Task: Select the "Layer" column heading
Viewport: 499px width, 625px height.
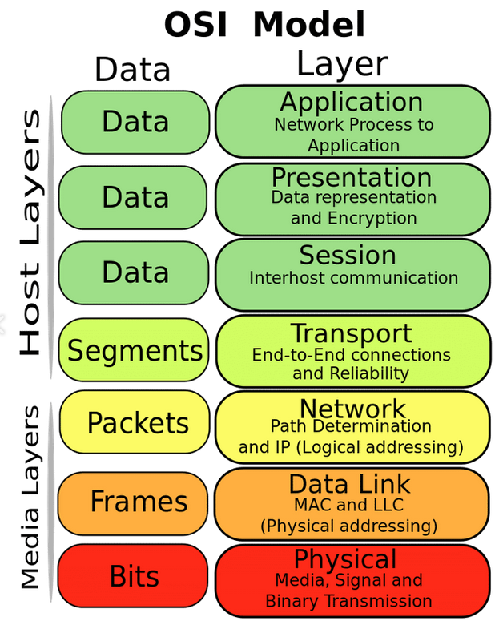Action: [342, 64]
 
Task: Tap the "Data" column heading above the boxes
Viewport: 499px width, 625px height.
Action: [133, 70]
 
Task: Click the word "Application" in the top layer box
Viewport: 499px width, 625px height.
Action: [352, 103]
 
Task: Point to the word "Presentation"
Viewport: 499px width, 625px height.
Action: [352, 177]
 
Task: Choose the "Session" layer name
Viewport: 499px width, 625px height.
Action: [348, 255]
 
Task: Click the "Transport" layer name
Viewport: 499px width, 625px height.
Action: [351, 333]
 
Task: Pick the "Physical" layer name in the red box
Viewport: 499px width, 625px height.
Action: [345, 558]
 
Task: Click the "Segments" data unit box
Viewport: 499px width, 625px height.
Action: [135, 350]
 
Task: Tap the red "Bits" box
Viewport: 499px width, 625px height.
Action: [134, 576]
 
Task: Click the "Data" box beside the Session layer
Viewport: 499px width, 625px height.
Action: [135, 272]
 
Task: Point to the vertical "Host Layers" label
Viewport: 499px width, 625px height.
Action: [30, 232]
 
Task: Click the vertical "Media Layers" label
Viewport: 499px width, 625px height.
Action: [30, 497]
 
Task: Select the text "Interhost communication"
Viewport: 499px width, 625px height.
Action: [353, 278]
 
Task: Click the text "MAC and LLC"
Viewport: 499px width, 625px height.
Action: [348, 505]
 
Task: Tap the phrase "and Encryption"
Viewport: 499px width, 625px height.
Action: [353, 218]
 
